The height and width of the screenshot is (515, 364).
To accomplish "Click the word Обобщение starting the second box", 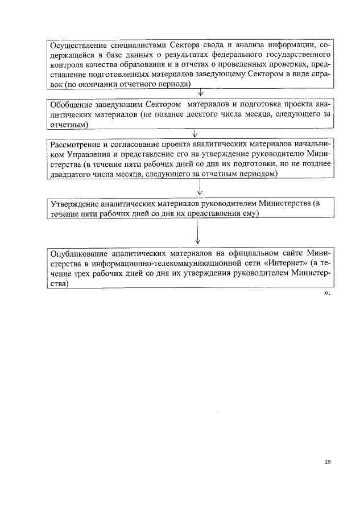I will [71, 105].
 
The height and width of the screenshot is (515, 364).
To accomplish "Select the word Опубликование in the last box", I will [78, 253].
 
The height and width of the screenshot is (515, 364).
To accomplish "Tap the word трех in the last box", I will [84, 273].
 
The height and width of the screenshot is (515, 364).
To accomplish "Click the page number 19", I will [328, 462].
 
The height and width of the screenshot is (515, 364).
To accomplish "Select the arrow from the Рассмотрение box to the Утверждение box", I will [200, 188].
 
